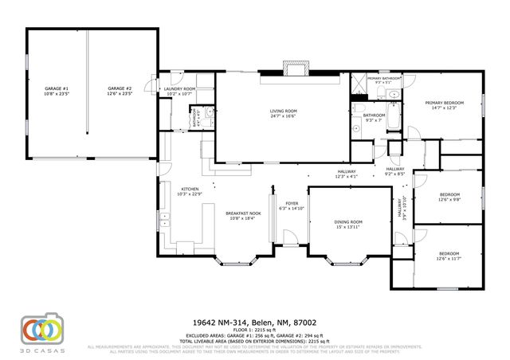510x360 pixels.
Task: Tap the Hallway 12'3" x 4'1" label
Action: pos(346,174)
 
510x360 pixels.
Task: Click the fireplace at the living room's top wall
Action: pos(296,68)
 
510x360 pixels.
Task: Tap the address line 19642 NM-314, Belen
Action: pos(255,322)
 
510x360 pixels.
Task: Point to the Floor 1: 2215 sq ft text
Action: pos(255,328)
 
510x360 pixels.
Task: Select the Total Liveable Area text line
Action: pos(255,340)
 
